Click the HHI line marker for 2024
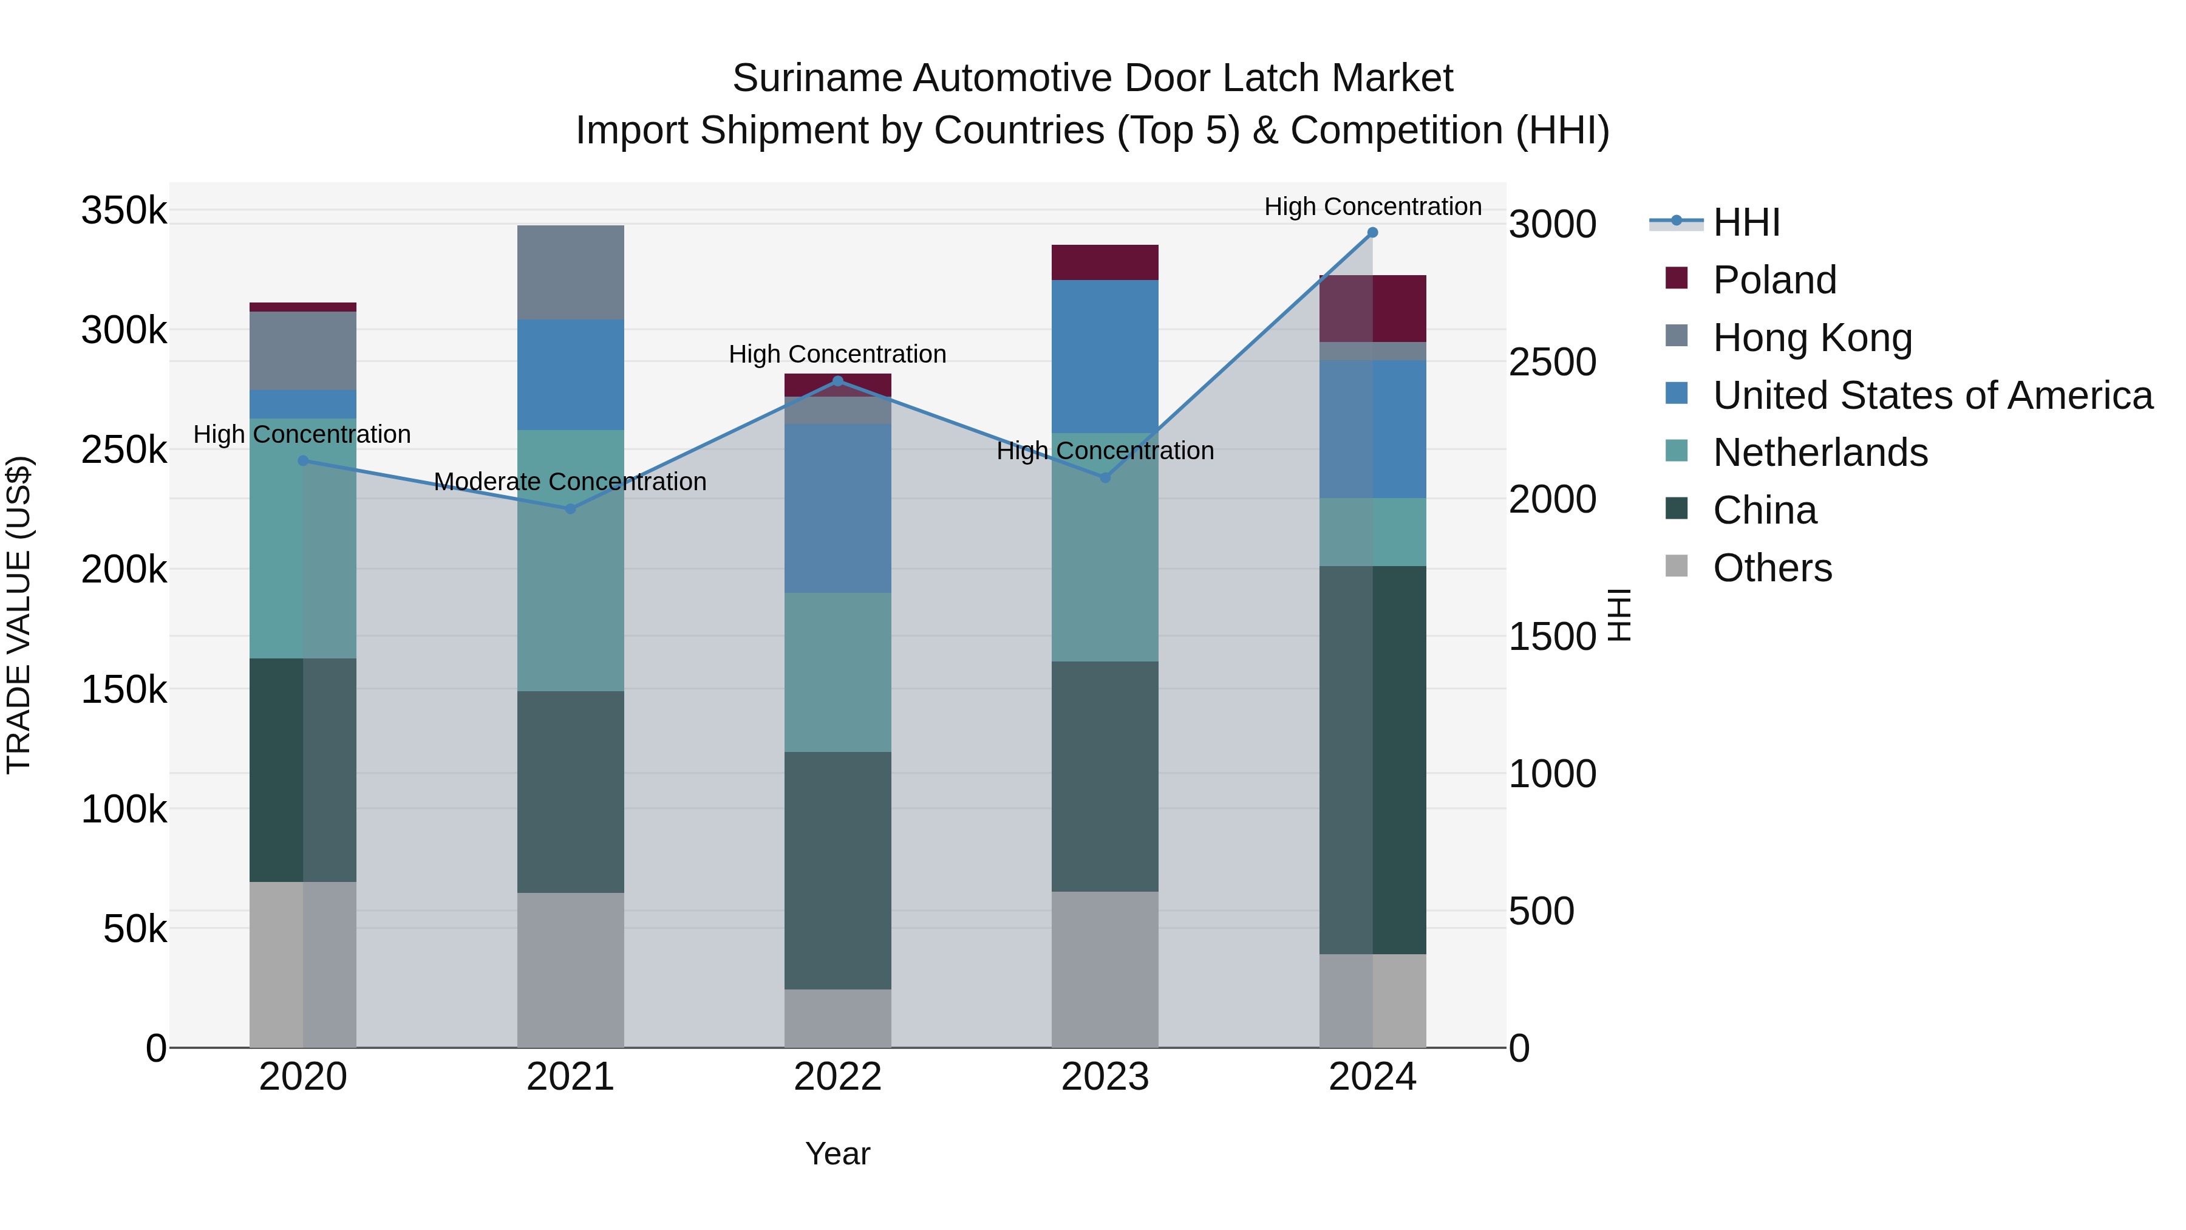1372,233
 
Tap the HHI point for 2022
837,381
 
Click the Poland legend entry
1774,280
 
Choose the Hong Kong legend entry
1812,338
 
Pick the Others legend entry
1772,568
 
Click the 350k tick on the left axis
124,211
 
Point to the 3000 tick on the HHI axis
1552,225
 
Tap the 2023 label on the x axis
1105,1077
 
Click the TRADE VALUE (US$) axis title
19,615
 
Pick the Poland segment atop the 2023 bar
1105,262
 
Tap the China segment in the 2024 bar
1372,760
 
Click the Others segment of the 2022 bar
837,1018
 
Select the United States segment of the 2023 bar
1105,357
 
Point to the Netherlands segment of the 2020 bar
303,538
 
